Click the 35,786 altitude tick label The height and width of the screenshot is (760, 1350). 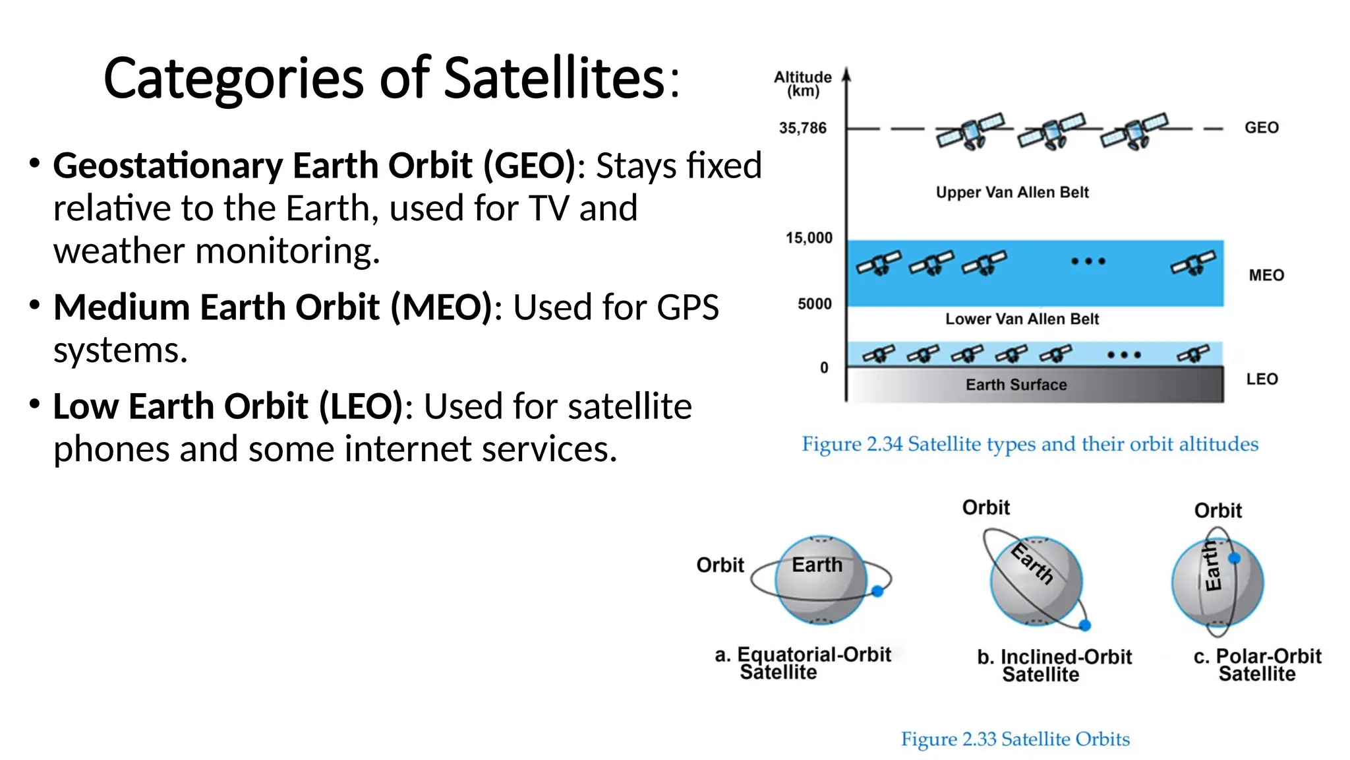pos(802,128)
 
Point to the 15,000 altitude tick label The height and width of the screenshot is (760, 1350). pos(809,237)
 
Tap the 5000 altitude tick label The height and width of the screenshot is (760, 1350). pos(814,303)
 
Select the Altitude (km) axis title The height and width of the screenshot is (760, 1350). pos(803,84)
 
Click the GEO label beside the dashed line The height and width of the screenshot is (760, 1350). pos(1261,127)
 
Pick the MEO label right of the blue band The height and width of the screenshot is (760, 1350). pos(1266,275)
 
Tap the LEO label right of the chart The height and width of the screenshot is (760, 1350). pos(1262,379)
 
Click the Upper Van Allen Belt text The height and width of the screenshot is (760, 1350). pos(1012,192)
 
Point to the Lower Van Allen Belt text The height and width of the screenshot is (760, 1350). pos(1022,319)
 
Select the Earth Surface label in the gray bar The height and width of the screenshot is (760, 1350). pos(1016,385)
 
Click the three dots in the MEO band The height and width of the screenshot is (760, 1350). pos(1088,261)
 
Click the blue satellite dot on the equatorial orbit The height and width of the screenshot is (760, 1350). pos(877,592)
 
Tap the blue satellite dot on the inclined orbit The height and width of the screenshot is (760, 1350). pos(1084,625)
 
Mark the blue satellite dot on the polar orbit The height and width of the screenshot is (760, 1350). pos(1235,558)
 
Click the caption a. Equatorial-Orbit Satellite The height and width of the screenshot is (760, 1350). pos(802,663)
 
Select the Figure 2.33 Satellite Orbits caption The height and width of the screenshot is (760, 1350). pos(1015,739)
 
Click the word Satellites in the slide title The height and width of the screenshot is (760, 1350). pos(555,78)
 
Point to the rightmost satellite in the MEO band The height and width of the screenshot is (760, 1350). pos(1192,263)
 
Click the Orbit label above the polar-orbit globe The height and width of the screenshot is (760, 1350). pos(1218,510)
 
